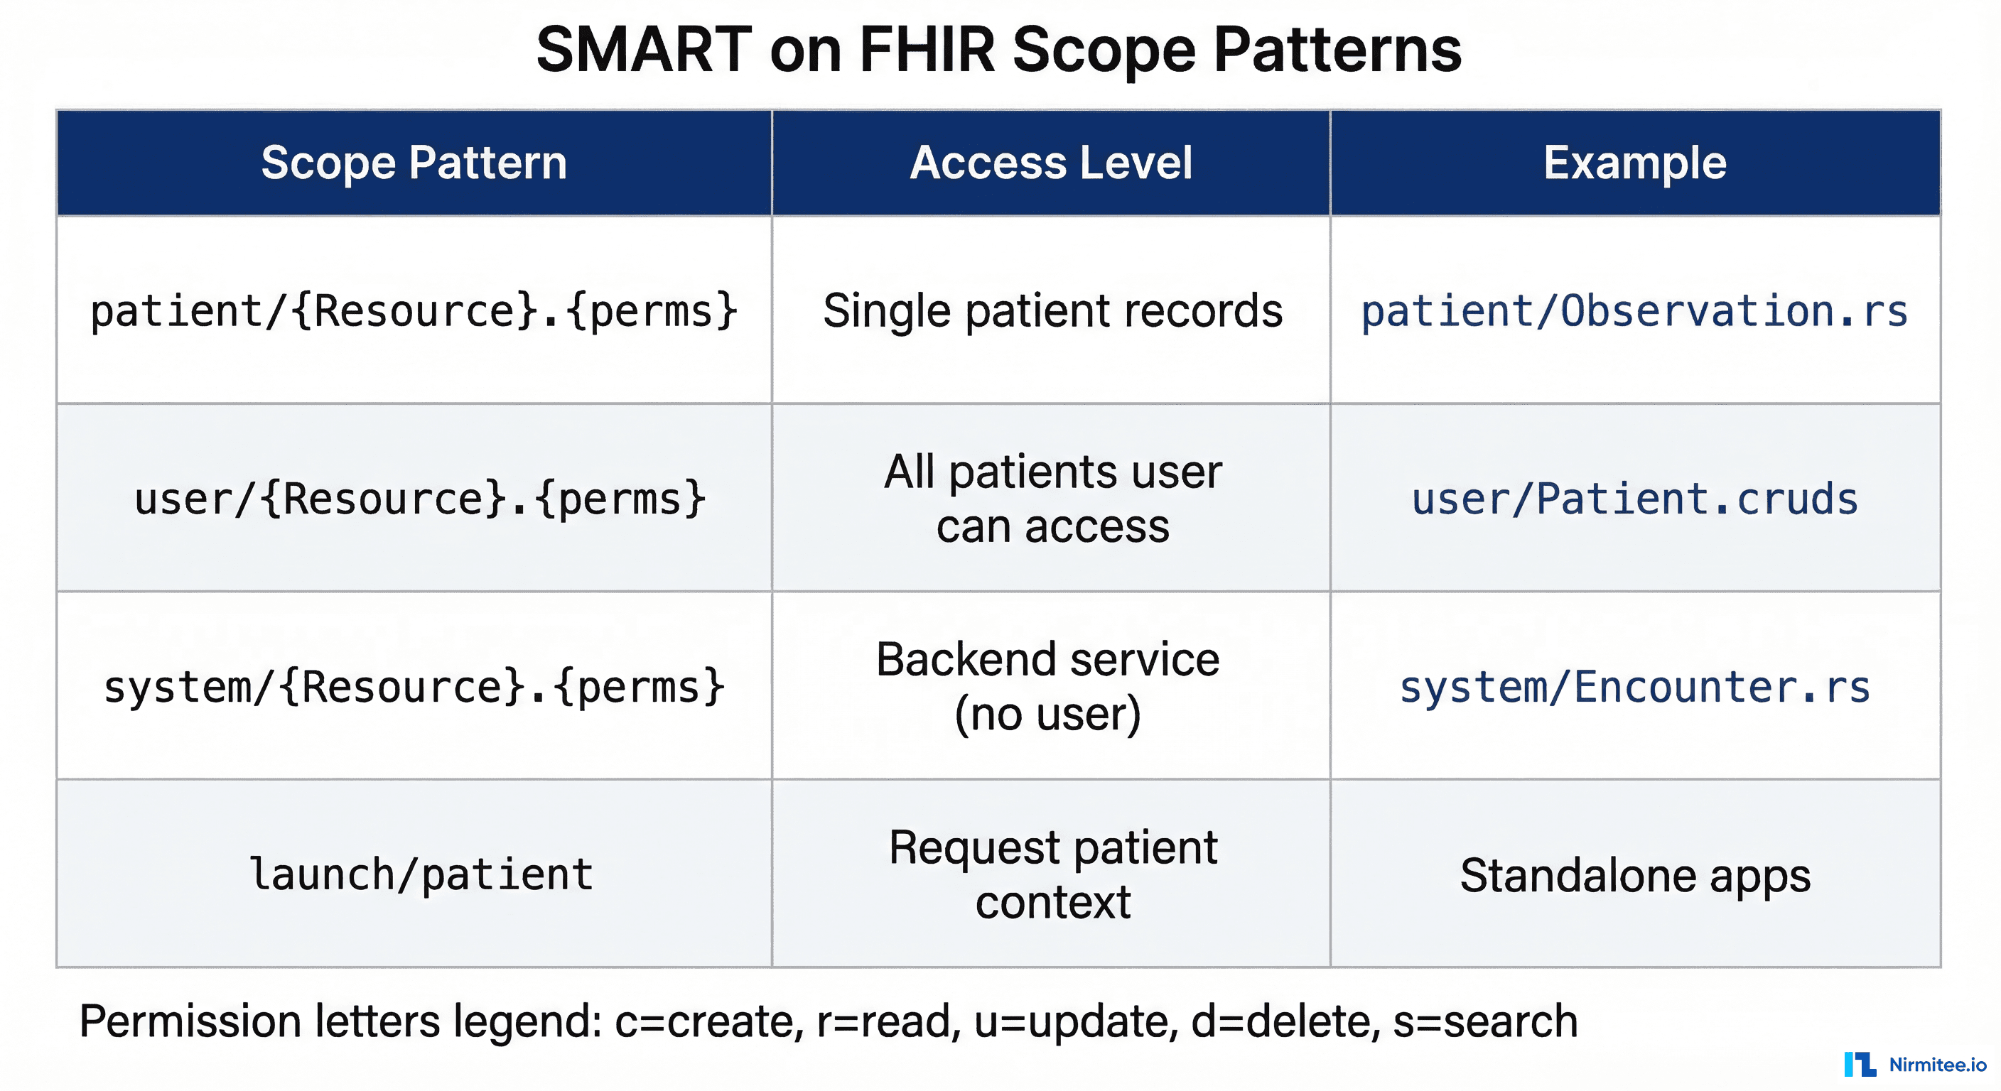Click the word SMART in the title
point(644,50)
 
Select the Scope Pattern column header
point(414,163)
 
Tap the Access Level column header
point(1051,163)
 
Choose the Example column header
point(1634,163)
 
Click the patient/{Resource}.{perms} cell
point(414,311)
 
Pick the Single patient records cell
point(1052,311)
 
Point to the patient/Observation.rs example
point(1634,311)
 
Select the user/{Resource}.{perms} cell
point(419,499)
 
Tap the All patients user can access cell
point(1052,499)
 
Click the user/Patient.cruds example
point(1634,499)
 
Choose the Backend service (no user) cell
point(1048,686)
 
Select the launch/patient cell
point(420,874)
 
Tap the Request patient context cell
point(1052,874)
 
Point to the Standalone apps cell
point(1634,875)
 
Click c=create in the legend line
point(708,1021)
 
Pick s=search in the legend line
point(1485,1021)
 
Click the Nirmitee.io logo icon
point(1860,1064)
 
